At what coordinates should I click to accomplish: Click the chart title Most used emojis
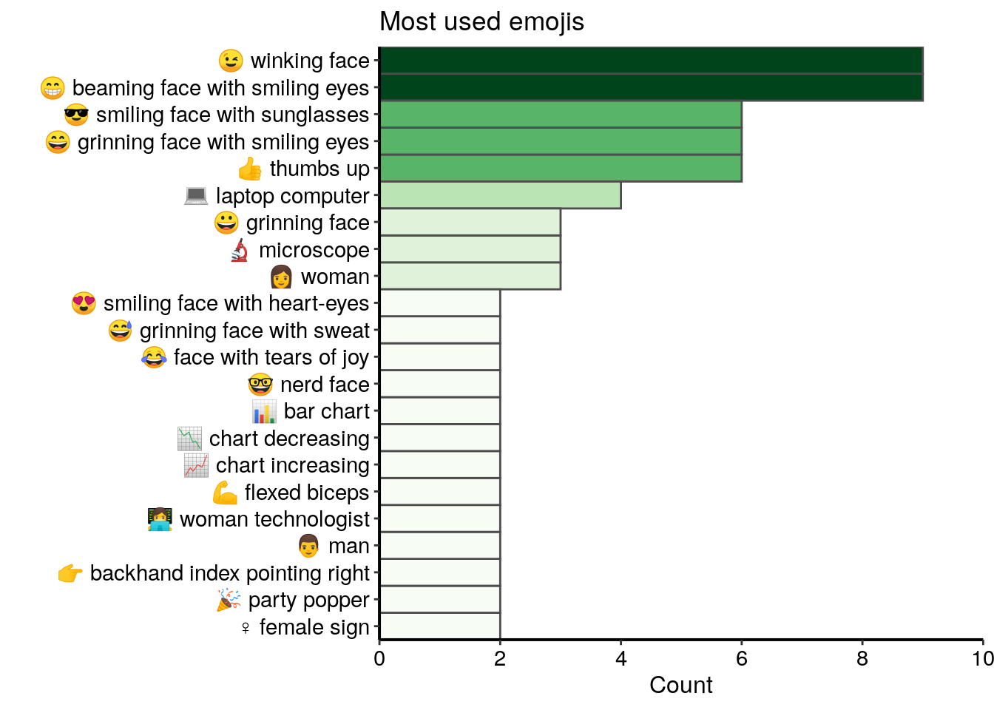[481, 22]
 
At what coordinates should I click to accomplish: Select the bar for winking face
[651, 61]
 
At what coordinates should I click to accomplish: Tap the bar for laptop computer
[500, 195]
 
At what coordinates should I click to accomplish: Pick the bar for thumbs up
[560, 169]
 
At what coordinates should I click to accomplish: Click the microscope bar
[470, 249]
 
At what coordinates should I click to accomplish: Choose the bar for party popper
[439, 600]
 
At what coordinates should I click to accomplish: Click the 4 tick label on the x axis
[621, 659]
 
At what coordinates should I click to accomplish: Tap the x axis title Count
[680, 685]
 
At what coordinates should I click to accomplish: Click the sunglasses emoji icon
[76, 115]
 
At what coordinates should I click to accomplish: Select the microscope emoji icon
[240, 250]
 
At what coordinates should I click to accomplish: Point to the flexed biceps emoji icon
[225, 493]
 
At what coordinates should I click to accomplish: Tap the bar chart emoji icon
[264, 411]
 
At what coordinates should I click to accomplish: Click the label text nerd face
[325, 385]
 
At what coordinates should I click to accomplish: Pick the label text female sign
[314, 627]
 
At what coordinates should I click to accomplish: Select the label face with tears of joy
[271, 358]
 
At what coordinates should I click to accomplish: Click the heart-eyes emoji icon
[84, 303]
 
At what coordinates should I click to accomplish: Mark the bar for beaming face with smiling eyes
[651, 87]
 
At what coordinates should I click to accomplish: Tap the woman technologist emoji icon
[160, 519]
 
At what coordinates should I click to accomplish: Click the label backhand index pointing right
[229, 573]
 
